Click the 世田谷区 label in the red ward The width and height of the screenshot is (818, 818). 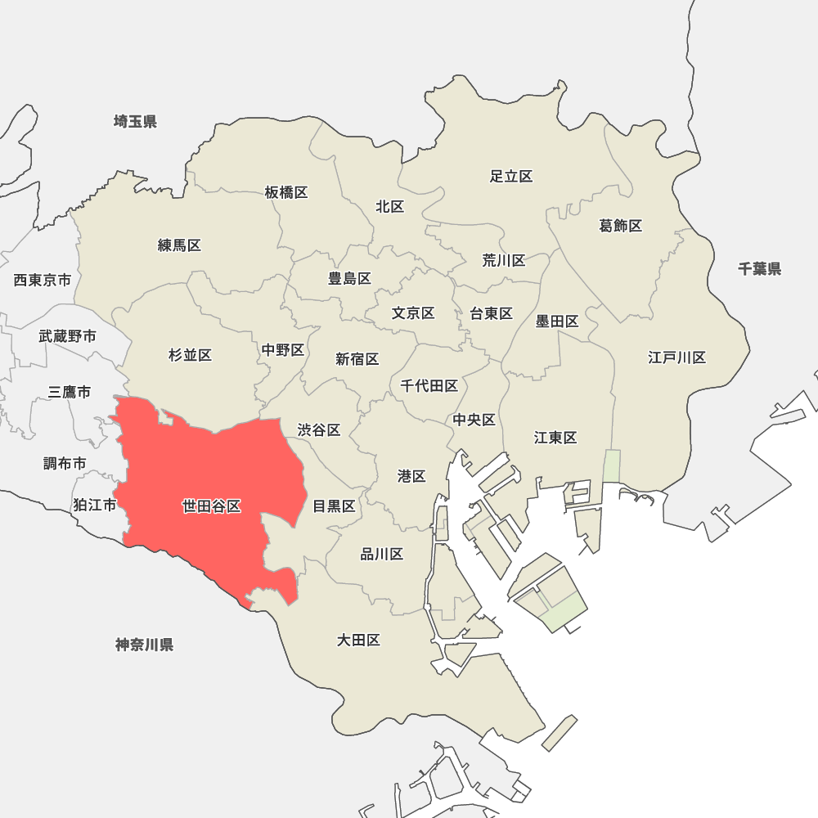211,506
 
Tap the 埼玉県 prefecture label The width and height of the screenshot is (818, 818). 135,122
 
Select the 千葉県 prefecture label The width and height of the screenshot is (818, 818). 759,268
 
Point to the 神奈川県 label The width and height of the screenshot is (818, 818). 144,645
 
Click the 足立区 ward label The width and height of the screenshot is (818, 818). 511,176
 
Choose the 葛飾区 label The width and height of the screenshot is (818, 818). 621,226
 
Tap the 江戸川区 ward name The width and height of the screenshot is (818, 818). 676,357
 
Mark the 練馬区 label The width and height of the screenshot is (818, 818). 179,245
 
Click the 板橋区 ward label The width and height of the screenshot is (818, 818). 286,192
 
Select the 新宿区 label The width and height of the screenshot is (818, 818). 357,359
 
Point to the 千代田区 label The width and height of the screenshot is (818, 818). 429,386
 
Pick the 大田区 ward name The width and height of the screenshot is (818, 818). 358,640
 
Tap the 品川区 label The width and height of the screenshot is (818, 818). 382,555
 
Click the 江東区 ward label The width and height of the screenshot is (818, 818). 555,438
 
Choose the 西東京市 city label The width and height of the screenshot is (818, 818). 43,281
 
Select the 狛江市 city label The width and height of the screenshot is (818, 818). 94,505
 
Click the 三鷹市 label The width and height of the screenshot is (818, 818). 70,392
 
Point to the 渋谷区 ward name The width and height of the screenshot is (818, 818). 318,429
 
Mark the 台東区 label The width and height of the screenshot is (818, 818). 491,313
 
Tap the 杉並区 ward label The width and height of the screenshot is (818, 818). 190,355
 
